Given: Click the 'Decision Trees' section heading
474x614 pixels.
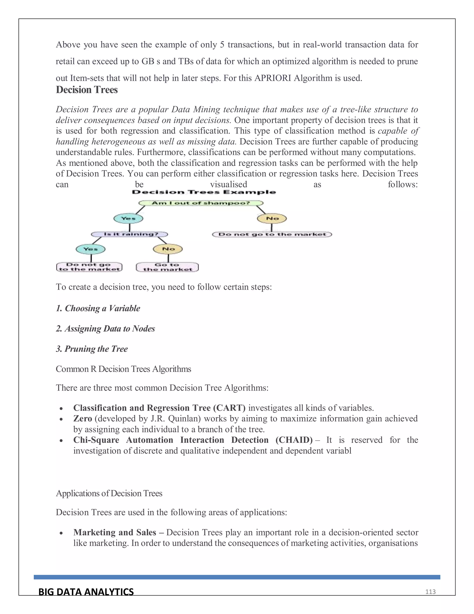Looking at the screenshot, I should (x=87, y=90).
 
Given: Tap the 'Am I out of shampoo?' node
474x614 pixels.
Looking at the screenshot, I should (x=201, y=203).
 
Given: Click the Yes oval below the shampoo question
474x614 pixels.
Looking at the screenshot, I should (x=128, y=218).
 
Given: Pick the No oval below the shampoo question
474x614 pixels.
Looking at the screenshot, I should (x=272, y=218).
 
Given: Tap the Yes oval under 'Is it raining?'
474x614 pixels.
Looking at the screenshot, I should (x=90, y=249).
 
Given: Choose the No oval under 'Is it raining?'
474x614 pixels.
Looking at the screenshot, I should (x=168, y=249).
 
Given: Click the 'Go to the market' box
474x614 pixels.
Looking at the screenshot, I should (x=167, y=267).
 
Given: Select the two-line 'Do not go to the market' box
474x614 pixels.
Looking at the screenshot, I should (x=89, y=267).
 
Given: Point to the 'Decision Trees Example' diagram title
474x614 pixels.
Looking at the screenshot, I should (x=204, y=192).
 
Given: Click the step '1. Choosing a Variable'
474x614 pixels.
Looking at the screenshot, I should (x=98, y=308).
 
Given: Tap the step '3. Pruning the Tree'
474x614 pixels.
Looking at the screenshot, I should (x=92, y=349).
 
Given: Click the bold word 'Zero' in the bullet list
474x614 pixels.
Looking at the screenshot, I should (x=83, y=419).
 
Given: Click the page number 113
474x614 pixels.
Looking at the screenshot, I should (x=430, y=592).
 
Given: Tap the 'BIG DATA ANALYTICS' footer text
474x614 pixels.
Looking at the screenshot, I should (x=86, y=592).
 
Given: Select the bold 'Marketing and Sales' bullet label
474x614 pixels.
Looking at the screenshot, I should (x=115, y=532).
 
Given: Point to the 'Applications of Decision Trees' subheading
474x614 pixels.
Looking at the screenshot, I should (x=109, y=493).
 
